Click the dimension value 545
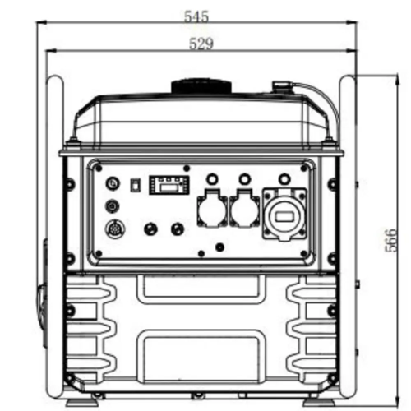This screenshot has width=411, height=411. point(196,16)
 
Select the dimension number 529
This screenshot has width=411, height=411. point(201,44)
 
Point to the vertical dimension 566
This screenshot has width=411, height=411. point(390,240)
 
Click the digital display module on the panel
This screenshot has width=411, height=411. point(169,185)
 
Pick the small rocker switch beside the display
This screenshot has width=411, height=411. point(134,185)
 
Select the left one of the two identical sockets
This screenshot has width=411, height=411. point(212,208)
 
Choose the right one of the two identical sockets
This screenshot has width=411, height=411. point(244,208)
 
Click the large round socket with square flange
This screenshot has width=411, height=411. point(284,215)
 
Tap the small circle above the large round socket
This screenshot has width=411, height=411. point(284,179)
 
